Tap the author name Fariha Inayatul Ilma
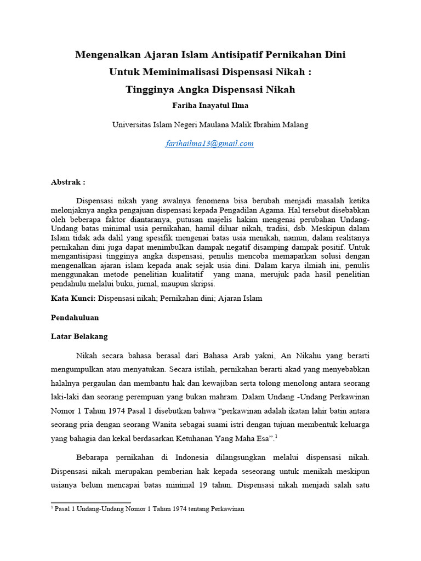pos(210,105)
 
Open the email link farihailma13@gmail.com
pos(210,144)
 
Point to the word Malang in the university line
pos(295,124)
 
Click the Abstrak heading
pos(68,182)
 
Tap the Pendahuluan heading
pos(75,317)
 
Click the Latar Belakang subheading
pos(79,336)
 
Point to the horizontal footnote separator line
pos(90,502)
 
